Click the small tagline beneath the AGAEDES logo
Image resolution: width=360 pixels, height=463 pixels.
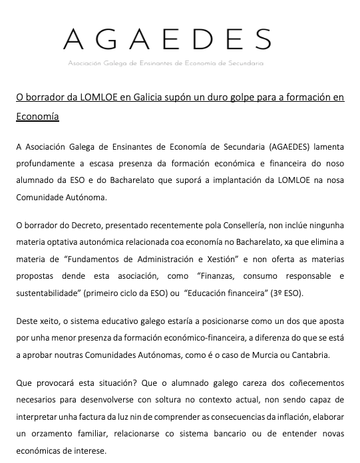tap(166, 63)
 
